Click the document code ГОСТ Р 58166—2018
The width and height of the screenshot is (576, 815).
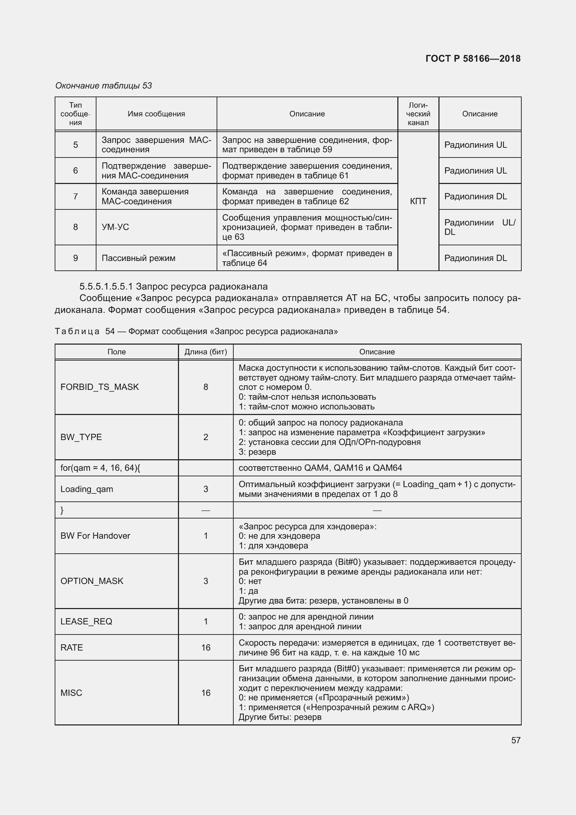coord(473,59)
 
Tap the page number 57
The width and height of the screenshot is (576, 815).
coord(516,740)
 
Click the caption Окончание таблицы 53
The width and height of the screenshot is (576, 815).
coord(103,86)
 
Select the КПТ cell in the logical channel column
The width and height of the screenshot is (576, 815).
coord(418,201)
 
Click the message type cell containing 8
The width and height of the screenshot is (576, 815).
coord(76,227)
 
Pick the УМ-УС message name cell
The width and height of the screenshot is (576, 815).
coord(115,227)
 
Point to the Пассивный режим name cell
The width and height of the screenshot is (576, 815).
coord(138,258)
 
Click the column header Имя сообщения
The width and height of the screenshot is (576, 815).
coord(156,114)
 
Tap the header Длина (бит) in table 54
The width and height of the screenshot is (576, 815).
coord(206,352)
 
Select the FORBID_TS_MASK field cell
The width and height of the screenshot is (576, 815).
coord(100,387)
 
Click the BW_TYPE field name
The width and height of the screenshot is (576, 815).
coord(81,437)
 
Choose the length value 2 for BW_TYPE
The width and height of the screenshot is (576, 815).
coord(206,437)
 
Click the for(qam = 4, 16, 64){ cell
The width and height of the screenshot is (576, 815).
coord(100,468)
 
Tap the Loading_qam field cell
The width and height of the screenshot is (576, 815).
coord(87,489)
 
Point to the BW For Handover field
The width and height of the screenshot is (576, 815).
coord(95,536)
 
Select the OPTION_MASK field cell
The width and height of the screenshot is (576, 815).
coord(92,581)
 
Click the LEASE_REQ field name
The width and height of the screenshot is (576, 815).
coord(86,622)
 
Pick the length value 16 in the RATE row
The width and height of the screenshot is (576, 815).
coord(206,648)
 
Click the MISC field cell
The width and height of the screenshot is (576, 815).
coord(71,693)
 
